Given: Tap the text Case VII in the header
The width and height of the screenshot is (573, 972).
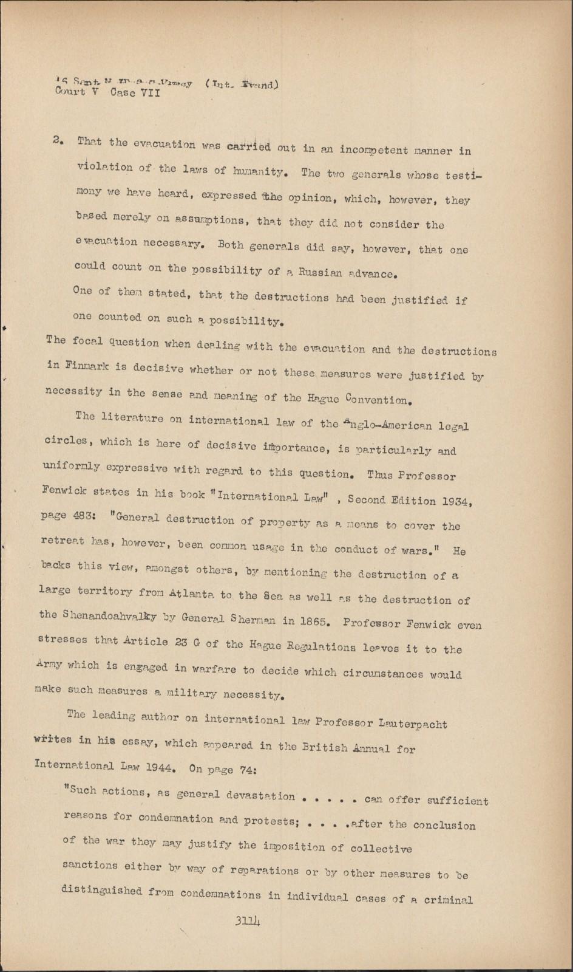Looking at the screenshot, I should [136, 94].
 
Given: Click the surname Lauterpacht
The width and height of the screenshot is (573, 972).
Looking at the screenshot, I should [413, 725].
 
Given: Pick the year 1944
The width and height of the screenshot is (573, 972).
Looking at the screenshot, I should [161, 767].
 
